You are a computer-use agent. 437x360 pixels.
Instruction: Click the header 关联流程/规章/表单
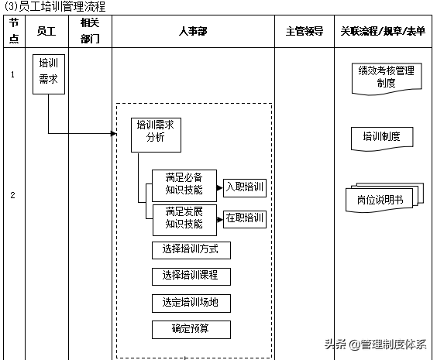[x=382, y=31]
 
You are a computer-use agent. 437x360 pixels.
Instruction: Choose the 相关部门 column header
[x=90, y=31]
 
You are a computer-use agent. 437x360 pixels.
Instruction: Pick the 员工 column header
[x=46, y=31]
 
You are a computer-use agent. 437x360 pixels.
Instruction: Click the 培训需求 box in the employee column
[x=48, y=74]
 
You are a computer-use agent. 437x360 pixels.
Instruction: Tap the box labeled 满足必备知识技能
[x=184, y=182]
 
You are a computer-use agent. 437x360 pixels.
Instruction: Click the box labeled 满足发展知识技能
[x=184, y=218]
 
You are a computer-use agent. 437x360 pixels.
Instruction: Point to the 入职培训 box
[x=245, y=187]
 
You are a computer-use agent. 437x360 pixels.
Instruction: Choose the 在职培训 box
[x=245, y=218]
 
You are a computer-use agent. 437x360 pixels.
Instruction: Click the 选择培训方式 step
[x=191, y=250]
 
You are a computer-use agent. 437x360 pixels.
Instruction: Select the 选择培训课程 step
[x=191, y=276]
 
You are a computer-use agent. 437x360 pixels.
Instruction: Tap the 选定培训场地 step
[x=191, y=303]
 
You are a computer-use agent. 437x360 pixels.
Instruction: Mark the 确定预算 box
[x=191, y=329]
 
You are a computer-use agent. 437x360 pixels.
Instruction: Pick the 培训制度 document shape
[x=381, y=137]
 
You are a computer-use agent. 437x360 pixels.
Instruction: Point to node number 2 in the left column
[x=12, y=195]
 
